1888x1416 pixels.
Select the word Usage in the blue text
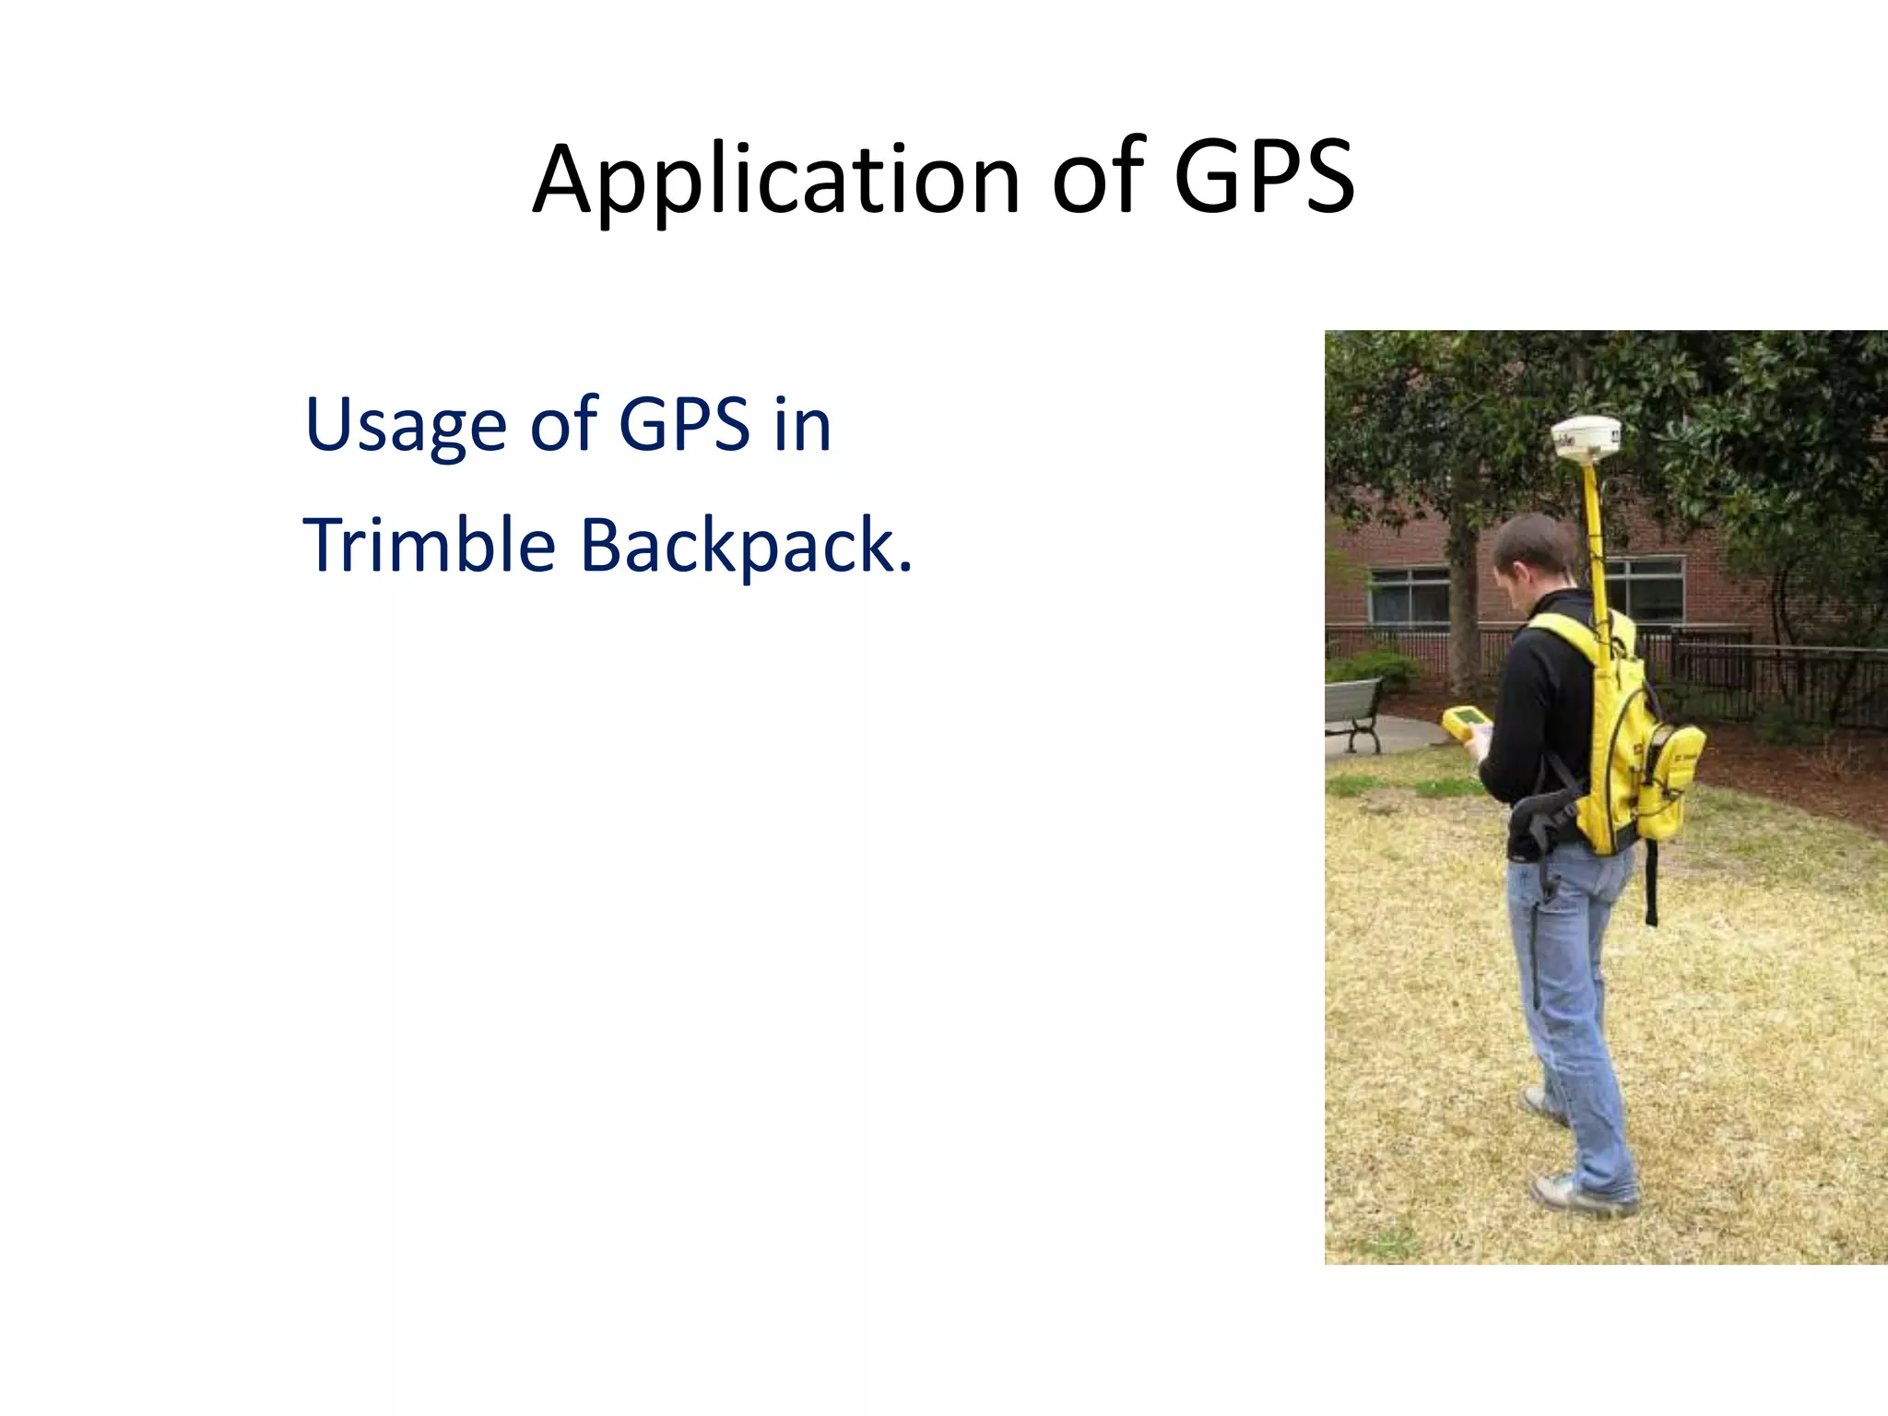[406, 425]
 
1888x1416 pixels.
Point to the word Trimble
[430, 545]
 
